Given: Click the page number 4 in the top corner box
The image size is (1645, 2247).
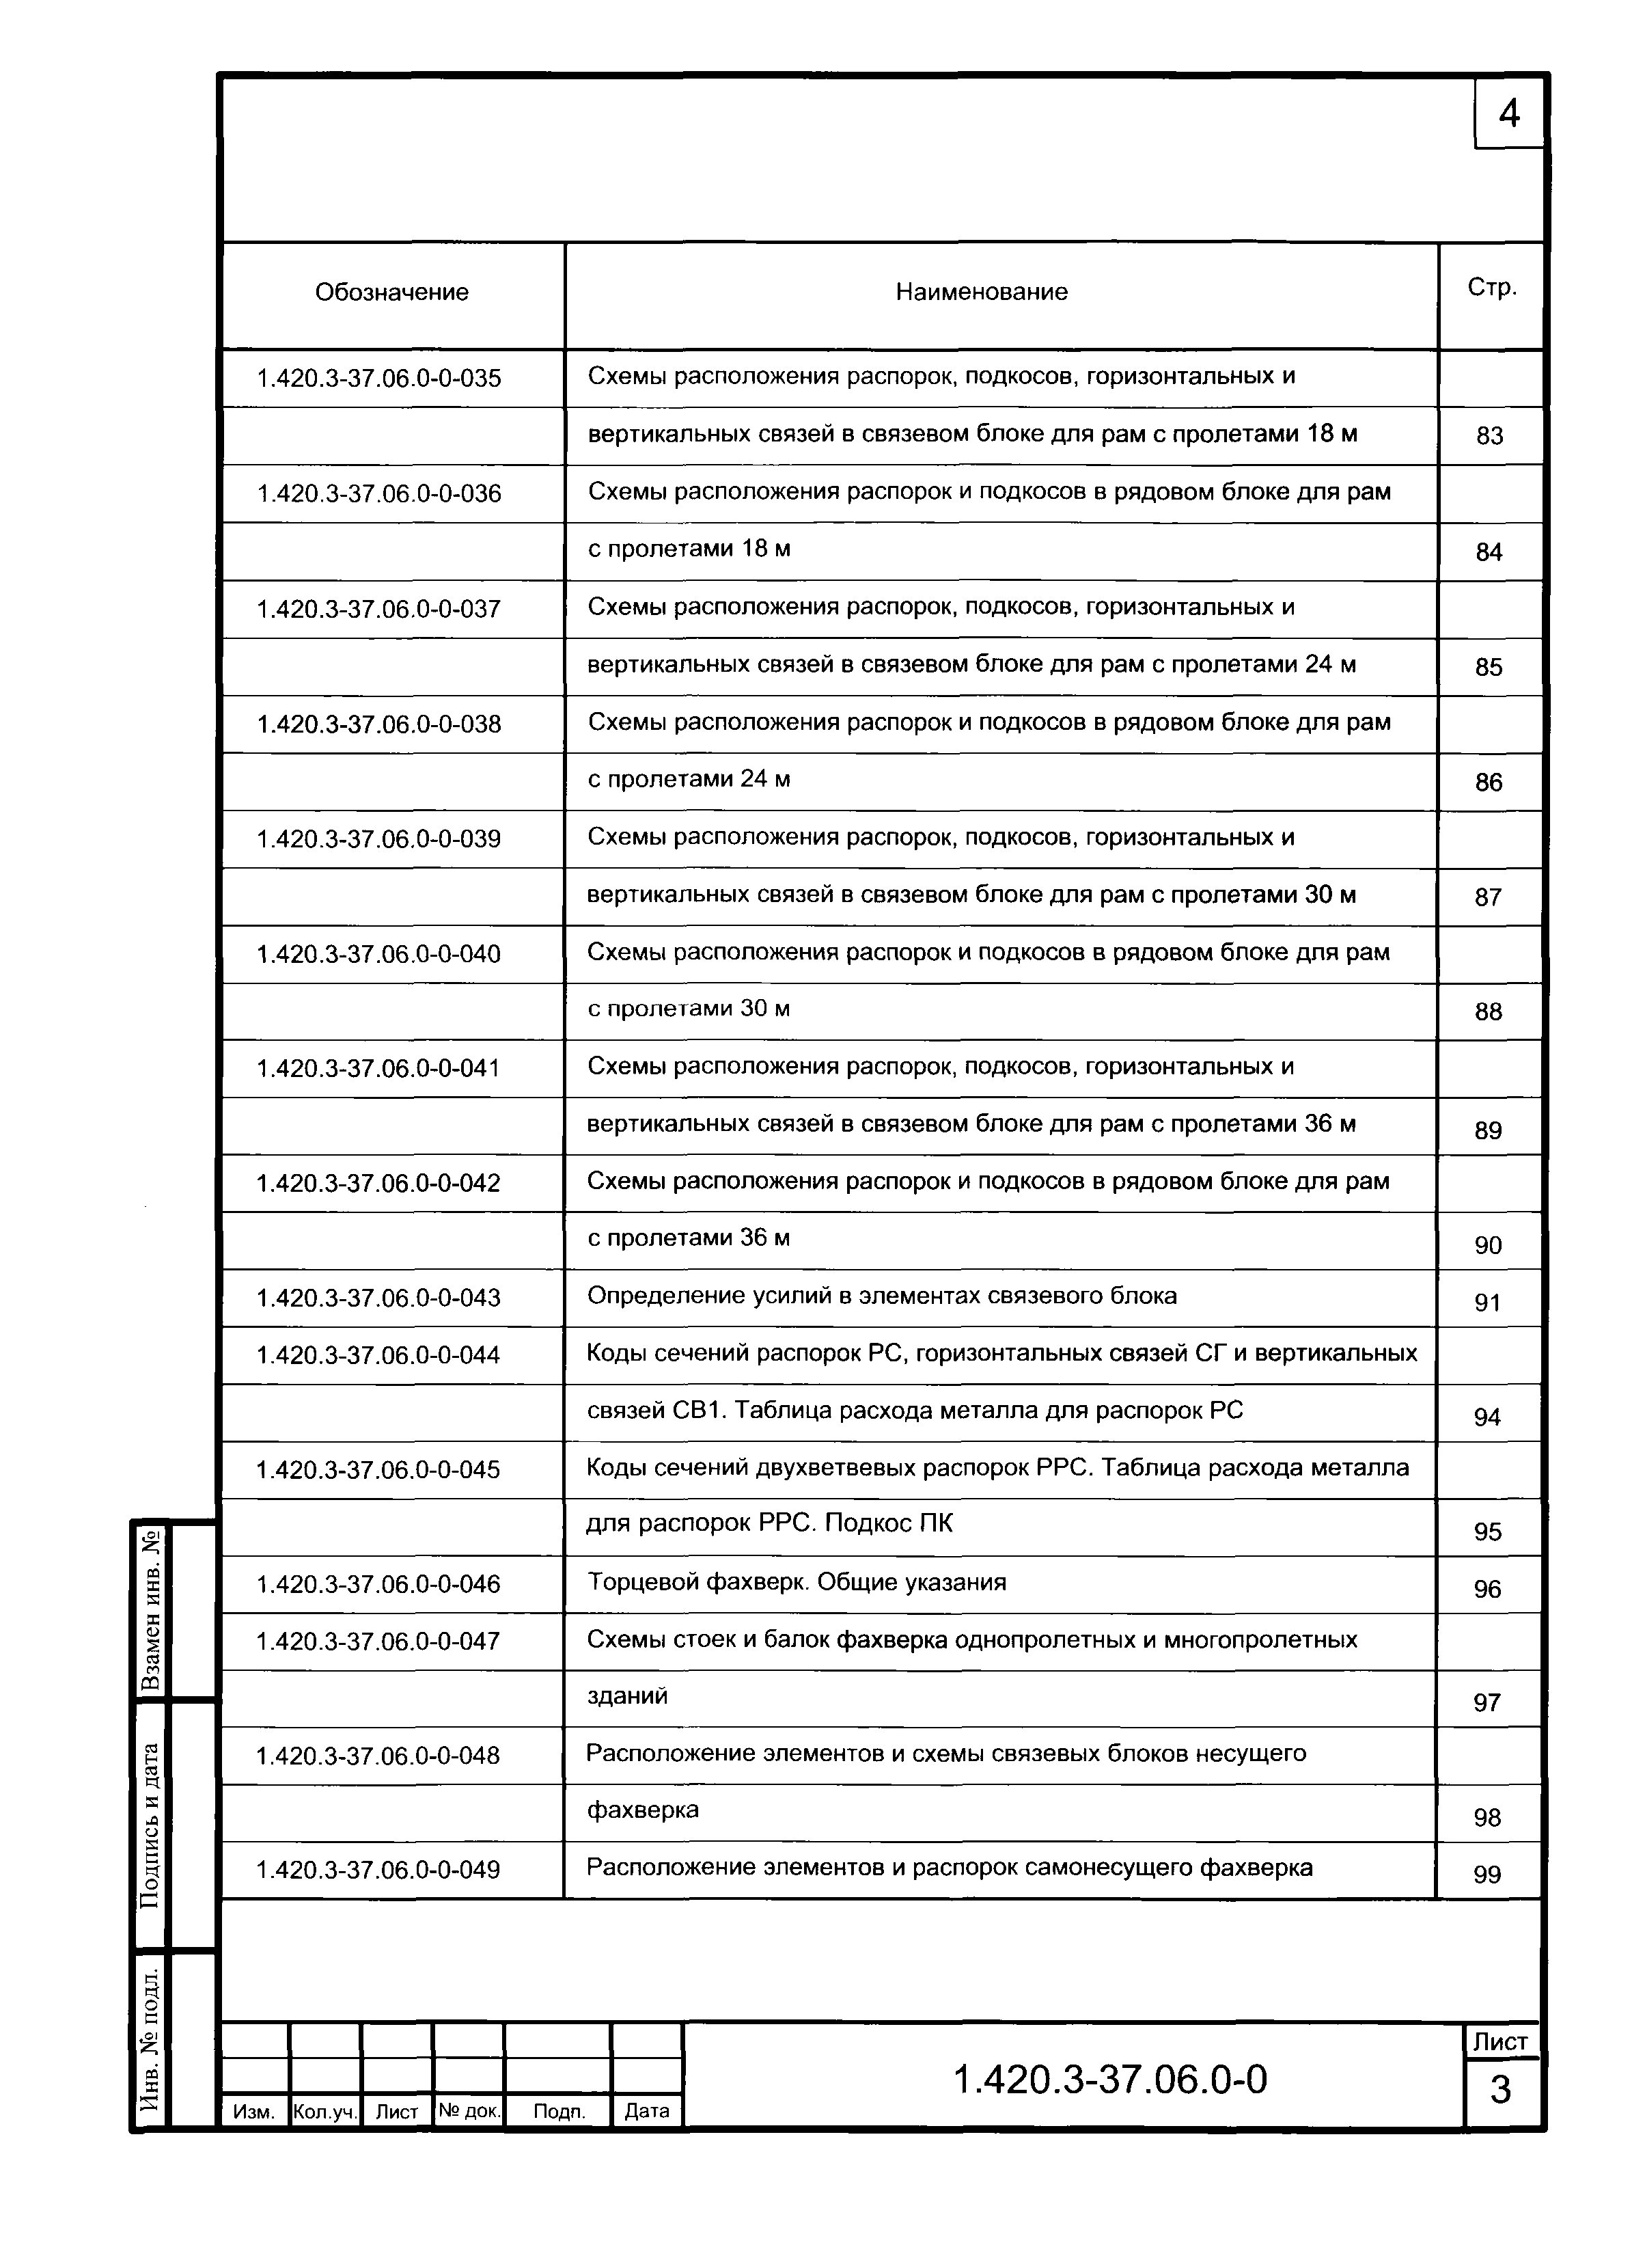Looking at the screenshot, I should point(1508,115).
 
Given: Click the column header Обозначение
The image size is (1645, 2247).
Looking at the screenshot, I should point(391,292).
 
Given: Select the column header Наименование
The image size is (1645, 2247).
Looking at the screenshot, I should point(981,292).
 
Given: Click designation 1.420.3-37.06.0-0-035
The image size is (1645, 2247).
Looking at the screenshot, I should point(378,379).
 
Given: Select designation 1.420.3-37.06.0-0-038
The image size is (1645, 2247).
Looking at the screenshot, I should point(378,724).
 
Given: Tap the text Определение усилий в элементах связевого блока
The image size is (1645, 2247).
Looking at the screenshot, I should point(881,1296).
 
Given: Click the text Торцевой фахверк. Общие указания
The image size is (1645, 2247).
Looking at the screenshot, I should point(797,1583).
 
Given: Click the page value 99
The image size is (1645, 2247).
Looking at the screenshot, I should point(1486,1875).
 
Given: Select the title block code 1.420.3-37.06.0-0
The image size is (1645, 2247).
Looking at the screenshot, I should point(1110,2080).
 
